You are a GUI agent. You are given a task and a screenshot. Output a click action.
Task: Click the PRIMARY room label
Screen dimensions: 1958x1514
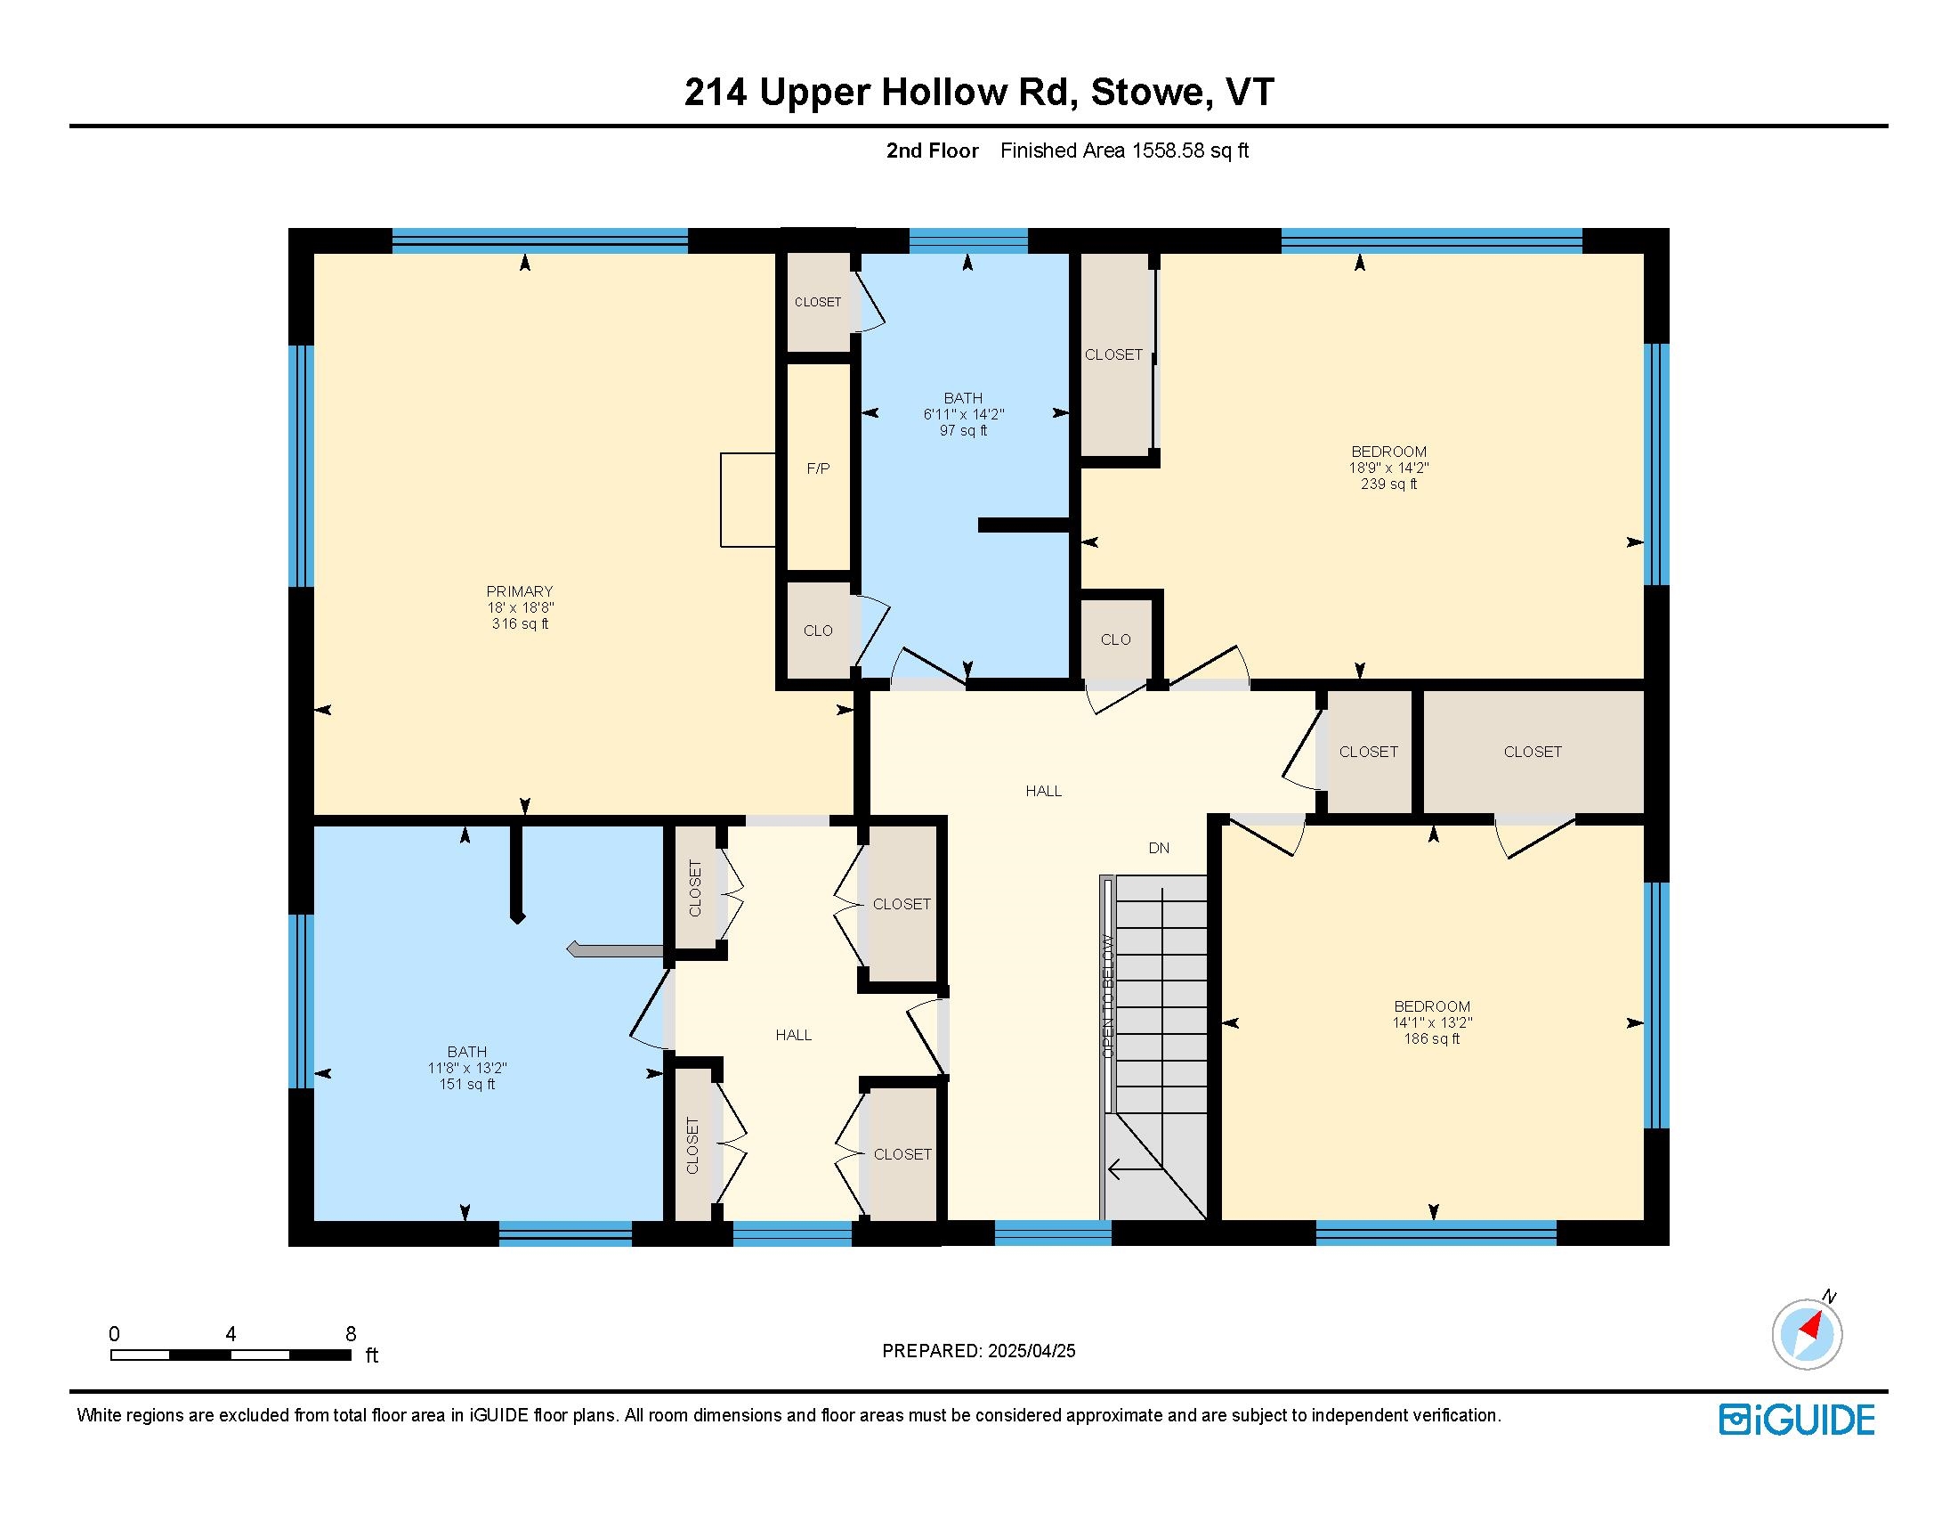[519, 591]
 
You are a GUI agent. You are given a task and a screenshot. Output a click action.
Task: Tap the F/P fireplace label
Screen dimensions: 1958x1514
[818, 468]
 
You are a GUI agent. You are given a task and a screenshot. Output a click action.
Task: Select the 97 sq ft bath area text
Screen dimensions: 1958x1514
[963, 430]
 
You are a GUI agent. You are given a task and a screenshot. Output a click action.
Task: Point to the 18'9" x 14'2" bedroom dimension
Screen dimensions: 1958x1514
[1388, 468]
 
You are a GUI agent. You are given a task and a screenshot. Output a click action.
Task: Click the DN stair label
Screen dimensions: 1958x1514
[1158, 848]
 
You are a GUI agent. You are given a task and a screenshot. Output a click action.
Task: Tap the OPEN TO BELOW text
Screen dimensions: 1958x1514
[1108, 996]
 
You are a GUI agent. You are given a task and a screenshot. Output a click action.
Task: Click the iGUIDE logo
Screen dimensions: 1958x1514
[1797, 1420]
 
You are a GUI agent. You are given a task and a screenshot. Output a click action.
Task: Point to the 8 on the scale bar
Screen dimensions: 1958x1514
[351, 1334]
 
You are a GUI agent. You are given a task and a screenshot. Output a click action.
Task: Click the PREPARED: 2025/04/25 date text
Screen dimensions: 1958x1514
[978, 1351]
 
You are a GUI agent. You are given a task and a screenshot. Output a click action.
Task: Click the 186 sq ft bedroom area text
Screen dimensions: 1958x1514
[1432, 1038]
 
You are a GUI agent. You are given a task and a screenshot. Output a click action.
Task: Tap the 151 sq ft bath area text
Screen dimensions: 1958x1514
[467, 1084]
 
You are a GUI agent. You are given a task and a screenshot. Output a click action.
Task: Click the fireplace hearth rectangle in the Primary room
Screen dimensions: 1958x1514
[748, 500]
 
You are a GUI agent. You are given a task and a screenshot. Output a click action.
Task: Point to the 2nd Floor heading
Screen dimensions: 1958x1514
[933, 151]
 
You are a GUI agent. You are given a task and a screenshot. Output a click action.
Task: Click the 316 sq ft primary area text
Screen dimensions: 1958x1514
[520, 623]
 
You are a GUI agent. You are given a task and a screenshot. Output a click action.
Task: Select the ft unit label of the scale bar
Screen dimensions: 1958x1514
[371, 1355]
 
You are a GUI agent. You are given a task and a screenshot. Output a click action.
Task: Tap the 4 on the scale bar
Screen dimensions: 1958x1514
[231, 1334]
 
